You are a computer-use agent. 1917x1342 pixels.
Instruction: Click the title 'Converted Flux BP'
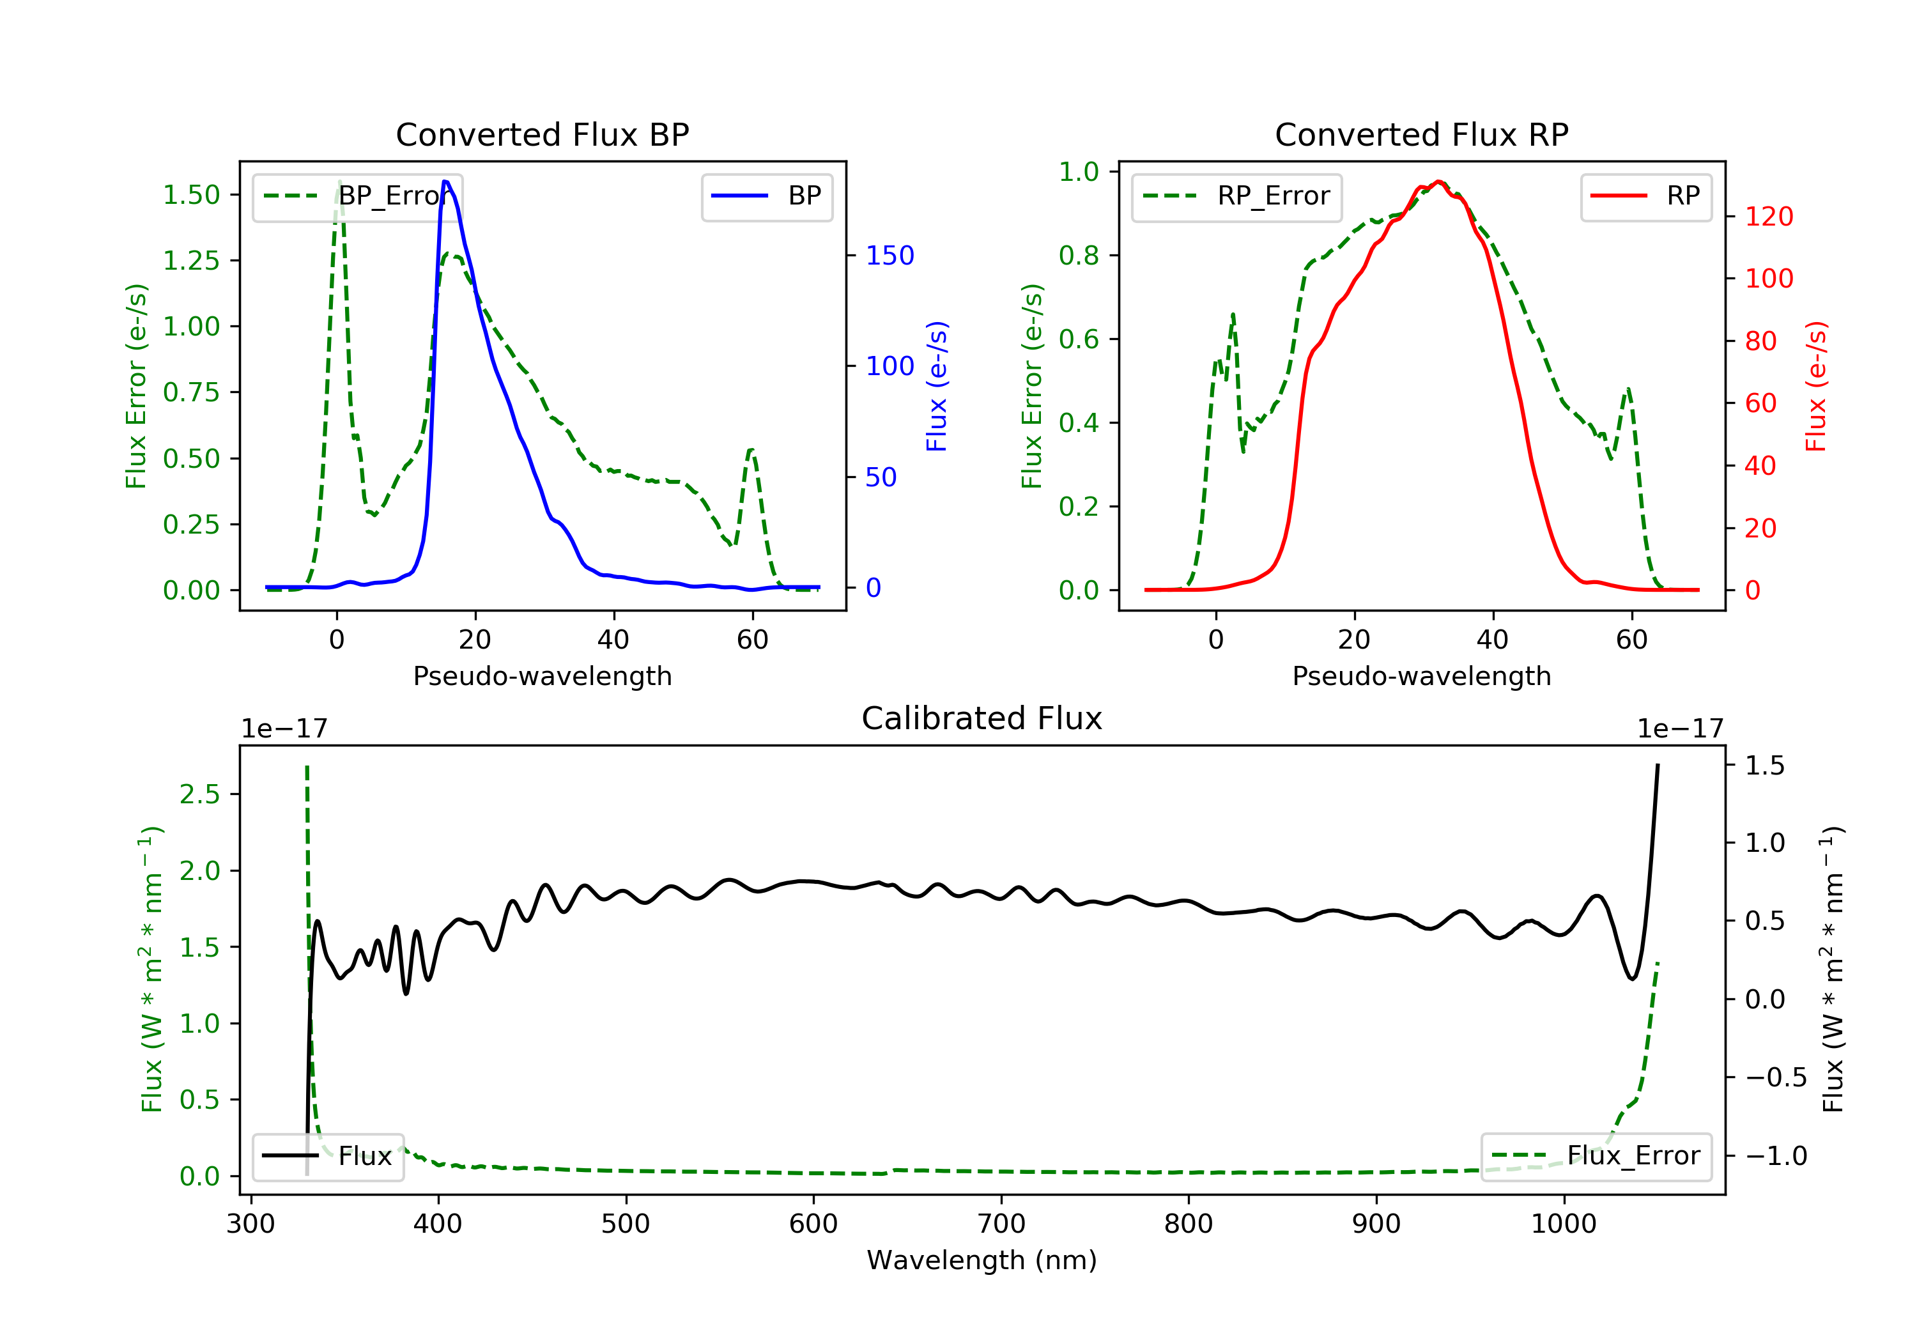pos(542,134)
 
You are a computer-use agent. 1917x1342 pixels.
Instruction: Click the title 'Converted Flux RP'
pos(1421,134)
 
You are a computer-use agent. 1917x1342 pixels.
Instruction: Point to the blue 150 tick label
pos(889,256)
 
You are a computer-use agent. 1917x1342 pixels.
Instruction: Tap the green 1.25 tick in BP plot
pos(191,261)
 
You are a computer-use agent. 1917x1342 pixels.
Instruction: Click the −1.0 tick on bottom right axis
pos(1775,1156)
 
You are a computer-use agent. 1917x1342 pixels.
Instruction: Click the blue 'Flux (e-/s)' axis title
pos(937,386)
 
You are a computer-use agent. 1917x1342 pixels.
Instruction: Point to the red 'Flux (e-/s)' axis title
pos(1816,386)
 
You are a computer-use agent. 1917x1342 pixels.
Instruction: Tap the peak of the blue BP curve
pos(446,181)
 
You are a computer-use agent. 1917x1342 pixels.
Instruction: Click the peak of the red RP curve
pos(1438,181)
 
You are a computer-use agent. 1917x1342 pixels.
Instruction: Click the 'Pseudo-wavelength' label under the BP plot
pos(542,675)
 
